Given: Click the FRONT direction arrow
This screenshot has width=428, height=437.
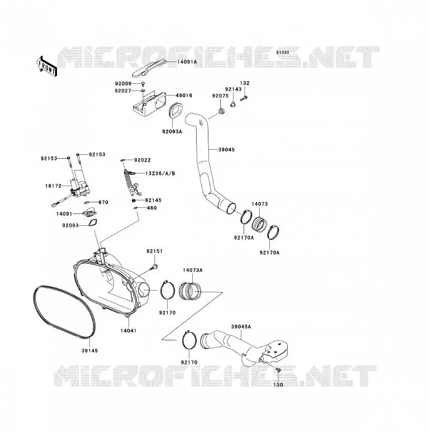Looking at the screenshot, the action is [x=47, y=66].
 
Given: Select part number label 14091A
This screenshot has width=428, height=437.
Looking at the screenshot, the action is [x=187, y=62].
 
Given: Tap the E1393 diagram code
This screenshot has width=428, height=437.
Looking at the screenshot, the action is [x=283, y=53].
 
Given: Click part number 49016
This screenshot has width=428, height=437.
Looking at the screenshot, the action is [x=184, y=96].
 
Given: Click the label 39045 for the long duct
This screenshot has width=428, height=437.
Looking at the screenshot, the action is [x=226, y=150].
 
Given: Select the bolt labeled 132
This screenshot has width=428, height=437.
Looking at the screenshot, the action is [x=244, y=98].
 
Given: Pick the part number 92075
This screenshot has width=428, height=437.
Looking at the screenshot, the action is [x=220, y=96].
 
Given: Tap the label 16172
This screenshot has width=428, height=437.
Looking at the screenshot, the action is [x=53, y=186].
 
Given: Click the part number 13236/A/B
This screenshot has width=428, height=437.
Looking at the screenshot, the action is [x=160, y=174].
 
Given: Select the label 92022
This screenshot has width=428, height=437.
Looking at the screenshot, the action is [x=142, y=160].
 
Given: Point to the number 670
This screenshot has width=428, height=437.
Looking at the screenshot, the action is [x=103, y=202].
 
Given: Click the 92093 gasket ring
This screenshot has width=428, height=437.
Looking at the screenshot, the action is [x=92, y=222].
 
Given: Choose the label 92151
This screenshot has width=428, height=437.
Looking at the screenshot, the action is [x=155, y=251].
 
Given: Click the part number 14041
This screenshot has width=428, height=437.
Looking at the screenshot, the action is [x=129, y=331].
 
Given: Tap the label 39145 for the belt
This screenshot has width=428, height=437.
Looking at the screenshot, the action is [x=90, y=351].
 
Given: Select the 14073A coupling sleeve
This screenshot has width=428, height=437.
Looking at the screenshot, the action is [x=189, y=291].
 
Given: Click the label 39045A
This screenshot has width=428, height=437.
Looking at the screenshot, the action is [x=241, y=327].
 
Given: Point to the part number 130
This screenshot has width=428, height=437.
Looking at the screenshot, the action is [x=278, y=385].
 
